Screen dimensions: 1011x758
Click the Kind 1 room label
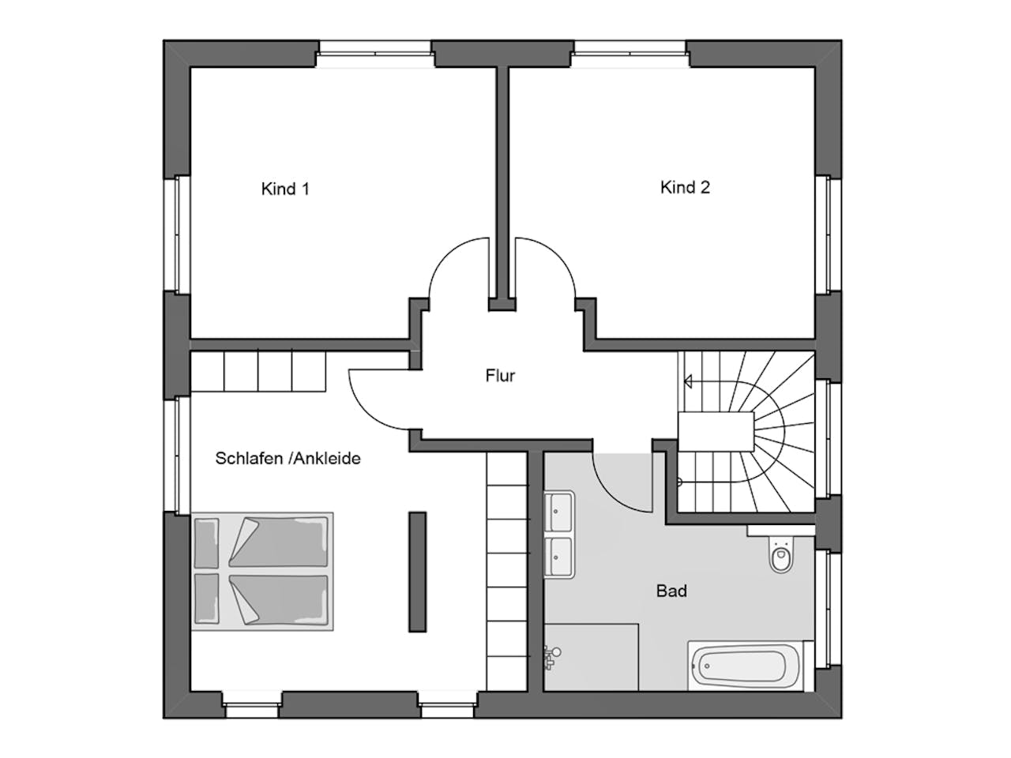[x=285, y=189]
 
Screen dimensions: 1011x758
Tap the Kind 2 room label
[x=685, y=187]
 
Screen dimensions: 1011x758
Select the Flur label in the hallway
[x=500, y=376]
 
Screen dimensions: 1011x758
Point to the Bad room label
[x=671, y=591]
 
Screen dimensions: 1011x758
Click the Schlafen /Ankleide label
[x=288, y=459]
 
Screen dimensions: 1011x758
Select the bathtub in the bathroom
[x=746, y=666]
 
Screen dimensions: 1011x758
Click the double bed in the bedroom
[x=262, y=571]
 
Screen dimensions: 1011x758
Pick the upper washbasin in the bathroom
[x=559, y=511]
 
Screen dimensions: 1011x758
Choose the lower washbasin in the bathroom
[x=559, y=557]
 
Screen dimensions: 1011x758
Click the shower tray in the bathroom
[x=591, y=657]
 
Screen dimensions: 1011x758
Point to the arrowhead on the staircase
[x=688, y=381]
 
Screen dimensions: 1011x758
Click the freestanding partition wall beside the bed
[x=417, y=572]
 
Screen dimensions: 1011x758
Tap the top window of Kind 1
[x=376, y=54]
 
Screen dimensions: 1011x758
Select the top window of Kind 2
[x=630, y=54]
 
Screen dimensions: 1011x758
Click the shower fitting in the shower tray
[x=551, y=657]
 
